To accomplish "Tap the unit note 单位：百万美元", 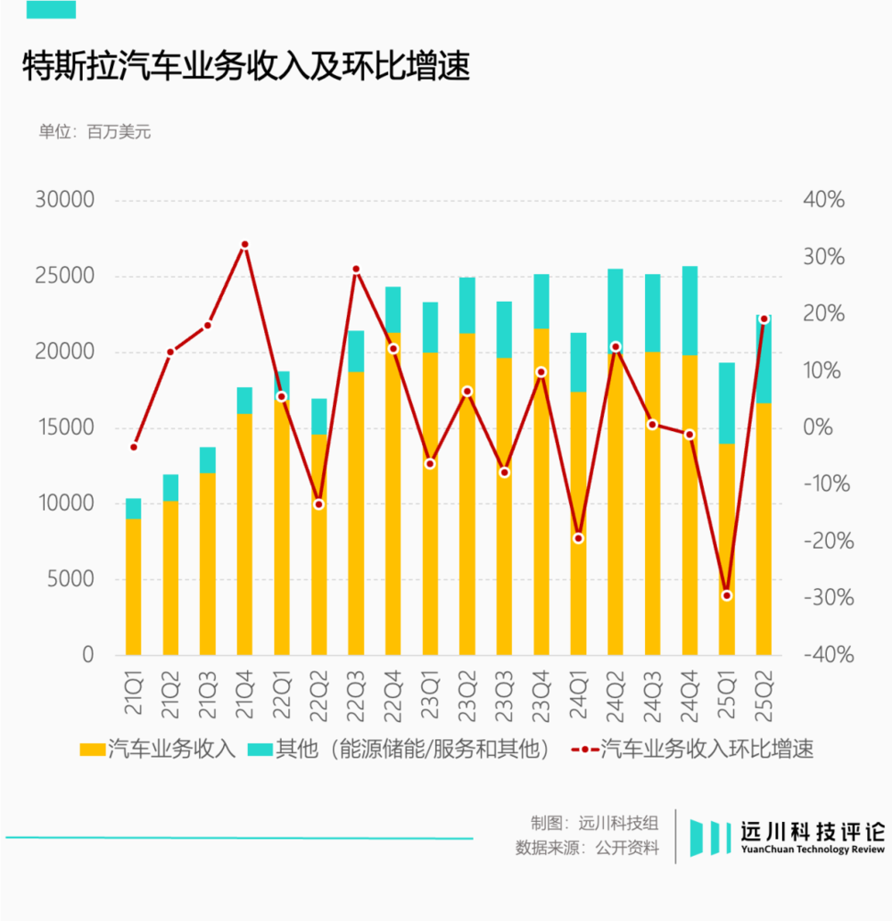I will click(x=95, y=132).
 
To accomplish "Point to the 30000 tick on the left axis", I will click(x=64, y=200).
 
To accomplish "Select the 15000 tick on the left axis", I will click(x=64, y=427).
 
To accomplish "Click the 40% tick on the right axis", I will click(x=822, y=200).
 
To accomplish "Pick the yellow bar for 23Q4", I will click(x=541, y=491).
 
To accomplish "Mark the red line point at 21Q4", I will click(x=244, y=245).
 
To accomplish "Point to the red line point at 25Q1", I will click(x=727, y=595).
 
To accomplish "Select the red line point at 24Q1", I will click(x=578, y=538).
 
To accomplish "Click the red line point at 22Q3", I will click(x=356, y=270).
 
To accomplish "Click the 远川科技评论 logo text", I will click(x=812, y=831).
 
